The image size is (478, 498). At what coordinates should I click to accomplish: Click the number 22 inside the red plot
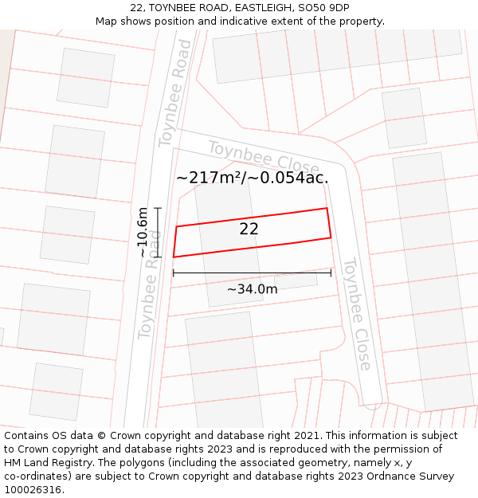(249, 229)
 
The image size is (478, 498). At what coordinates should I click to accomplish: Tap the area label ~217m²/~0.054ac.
(252, 178)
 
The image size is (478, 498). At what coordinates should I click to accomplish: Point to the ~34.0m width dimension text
(252, 289)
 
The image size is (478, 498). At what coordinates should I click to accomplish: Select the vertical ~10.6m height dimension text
(143, 232)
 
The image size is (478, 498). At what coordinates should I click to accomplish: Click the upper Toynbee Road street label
(174, 93)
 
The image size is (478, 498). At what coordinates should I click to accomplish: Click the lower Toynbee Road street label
(149, 284)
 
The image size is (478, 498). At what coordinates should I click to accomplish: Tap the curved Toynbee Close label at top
(263, 156)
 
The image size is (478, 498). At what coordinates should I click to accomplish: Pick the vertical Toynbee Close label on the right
(357, 313)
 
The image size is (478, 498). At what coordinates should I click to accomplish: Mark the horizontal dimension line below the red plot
(252, 273)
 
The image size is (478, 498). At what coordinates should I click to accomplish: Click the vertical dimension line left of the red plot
(158, 232)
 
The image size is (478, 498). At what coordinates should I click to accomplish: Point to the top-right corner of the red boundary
(327, 209)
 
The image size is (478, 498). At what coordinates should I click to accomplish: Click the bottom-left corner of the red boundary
(174, 257)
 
